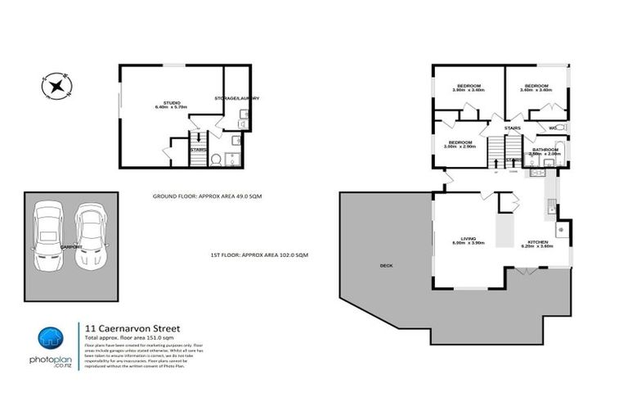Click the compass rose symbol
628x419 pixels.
56,85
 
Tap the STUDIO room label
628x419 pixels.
172,104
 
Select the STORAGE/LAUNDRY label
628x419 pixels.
237,98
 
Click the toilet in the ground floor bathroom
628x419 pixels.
217,160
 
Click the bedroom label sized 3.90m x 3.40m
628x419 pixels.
469,88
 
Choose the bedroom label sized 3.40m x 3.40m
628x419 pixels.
536,88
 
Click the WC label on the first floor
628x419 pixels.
553,128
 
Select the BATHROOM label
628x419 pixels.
545,151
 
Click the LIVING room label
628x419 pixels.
469,241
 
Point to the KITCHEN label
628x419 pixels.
537,243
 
